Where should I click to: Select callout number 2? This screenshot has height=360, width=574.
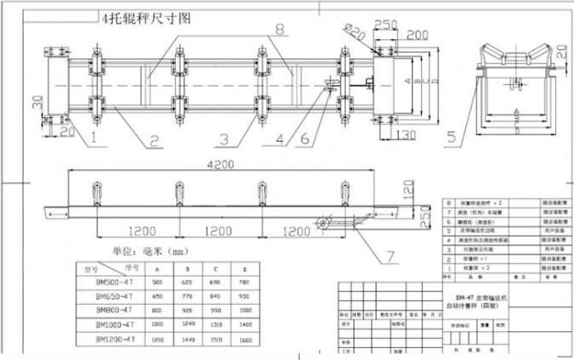(x=155, y=140)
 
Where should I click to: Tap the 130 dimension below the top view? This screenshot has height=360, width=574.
(x=404, y=135)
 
